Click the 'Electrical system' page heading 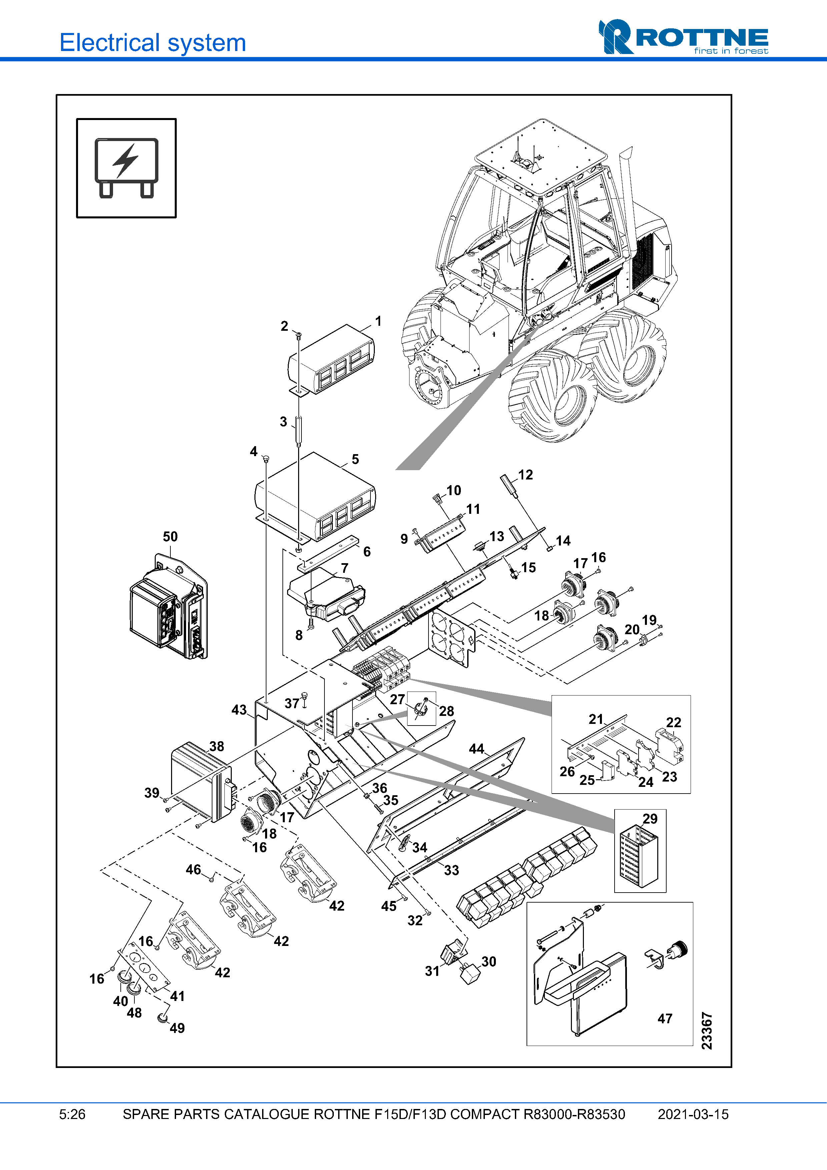click(x=152, y=43)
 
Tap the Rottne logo click(x=683, y=37)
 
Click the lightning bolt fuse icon click(x=126, y=168)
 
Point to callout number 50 click(x=170, y=536)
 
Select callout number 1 click(x=378, y=321)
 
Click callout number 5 click(x=355, y=459)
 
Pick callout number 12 click(x=525, y=475)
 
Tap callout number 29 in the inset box click(x=650, y=819)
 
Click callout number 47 click(x=665, y=1019)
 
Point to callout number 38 click(x=216, y=747)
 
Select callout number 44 click(x=477, y=749)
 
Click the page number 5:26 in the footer click(x=72, y=1114)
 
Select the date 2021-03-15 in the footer click(x=693, y=1114)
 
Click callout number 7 click(x=344, y=568)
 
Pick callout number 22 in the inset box click(x=674, y=722)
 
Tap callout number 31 click(x=432, y=971)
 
